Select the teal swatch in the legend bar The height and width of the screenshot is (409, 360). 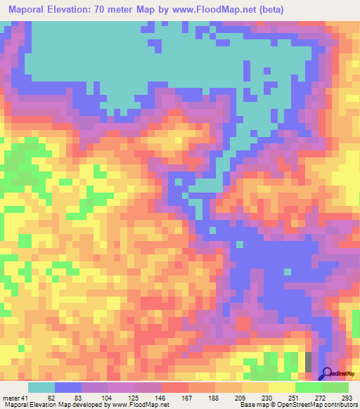[x=41, y=388]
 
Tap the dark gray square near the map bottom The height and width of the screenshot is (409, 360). [x=308, y=362]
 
